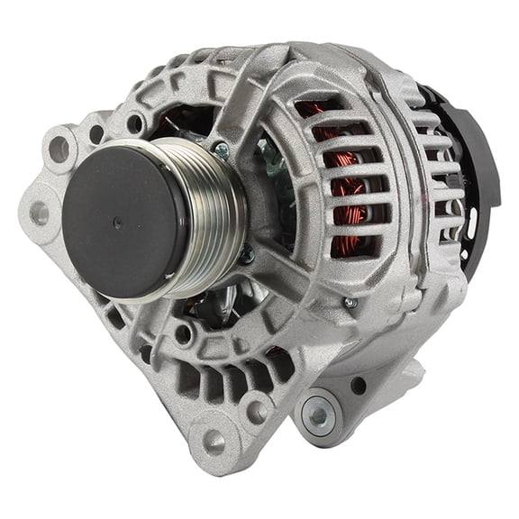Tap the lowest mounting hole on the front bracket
[x=214, y=442]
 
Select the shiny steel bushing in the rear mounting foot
[x=317, y=414]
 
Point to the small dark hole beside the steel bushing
[x=358, y=386]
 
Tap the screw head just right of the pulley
[x=245, y=255]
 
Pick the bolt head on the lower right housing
[x=350, y=303]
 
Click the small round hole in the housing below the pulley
[x=183, y=334]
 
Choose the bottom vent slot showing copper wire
[x=342, y=248]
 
